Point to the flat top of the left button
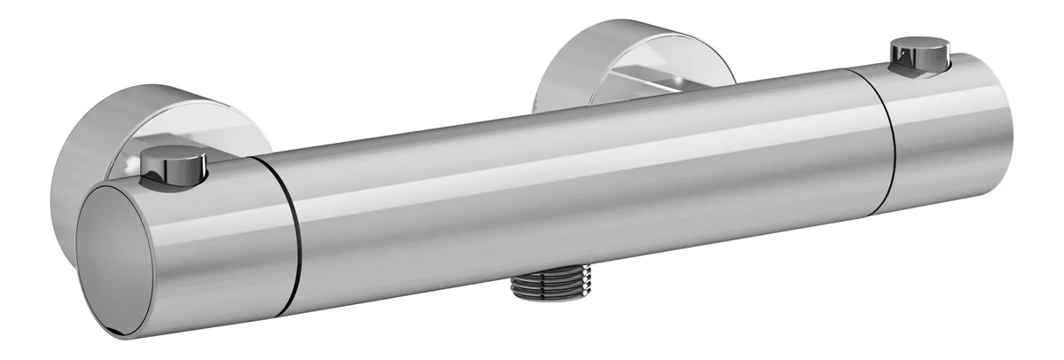point(174,155)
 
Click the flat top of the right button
point(920,44)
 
